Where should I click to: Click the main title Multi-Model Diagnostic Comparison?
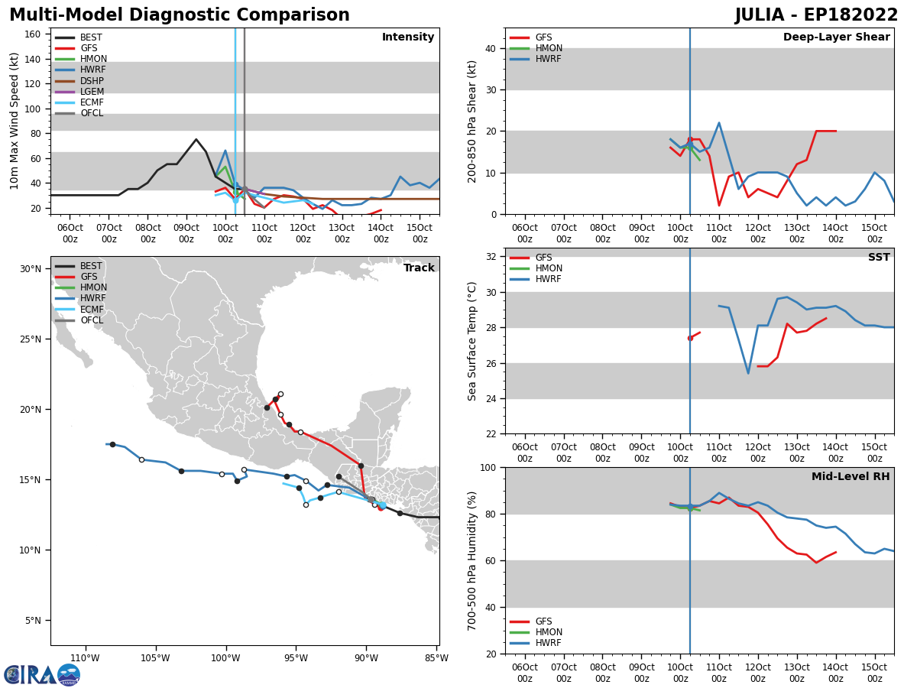(180, 15)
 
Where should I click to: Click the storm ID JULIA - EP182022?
(816, 15)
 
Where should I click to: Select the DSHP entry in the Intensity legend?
(92, 81)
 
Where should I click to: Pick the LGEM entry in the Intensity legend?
(92, 92)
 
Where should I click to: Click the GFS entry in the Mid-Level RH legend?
(543, 621)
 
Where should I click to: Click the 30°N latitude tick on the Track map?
(31, 269)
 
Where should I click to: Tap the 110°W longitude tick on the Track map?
(85, 658)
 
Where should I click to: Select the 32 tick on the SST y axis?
(491, 256)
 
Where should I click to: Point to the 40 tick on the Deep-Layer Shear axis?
(491, 48)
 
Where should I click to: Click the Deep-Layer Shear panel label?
(836, 37)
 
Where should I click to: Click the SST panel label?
(879, 258)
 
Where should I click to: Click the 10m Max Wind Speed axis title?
(15, 121)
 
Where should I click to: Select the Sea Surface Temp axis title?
(472, 341)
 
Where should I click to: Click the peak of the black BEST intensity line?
(196, 139)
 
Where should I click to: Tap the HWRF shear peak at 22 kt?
(719, 123)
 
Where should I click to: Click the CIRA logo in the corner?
(42, 674)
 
